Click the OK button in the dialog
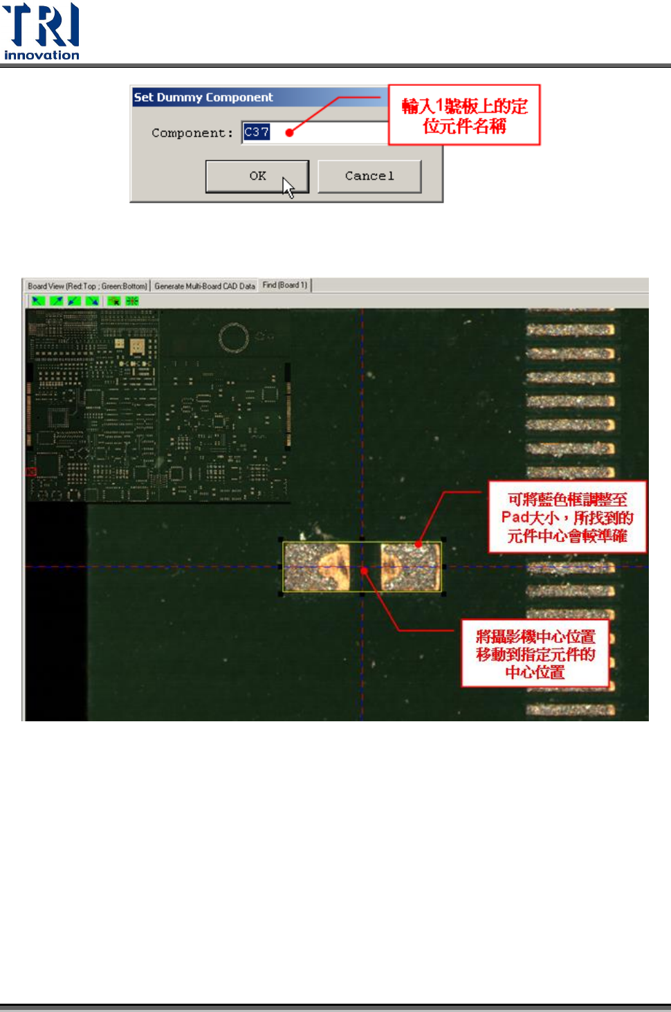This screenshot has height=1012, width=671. pos(257,176)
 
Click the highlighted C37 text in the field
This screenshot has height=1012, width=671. pos(257,132)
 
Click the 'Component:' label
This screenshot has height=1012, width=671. pos(192,133)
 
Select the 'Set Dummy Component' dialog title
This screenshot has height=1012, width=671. pos(203,98)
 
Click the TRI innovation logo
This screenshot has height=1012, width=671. pos(42,32)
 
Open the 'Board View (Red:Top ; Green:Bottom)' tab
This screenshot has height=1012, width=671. pos(87,286)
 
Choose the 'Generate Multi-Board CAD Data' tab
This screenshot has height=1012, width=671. pos(205,286)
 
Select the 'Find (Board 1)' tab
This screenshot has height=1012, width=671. pos(285,285)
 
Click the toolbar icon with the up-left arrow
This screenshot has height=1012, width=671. pos(38,300)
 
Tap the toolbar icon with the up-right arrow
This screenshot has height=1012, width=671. pos(56,300)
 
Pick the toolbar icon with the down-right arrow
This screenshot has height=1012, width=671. pos(92,300)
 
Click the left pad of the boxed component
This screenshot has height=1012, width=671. pos(318,567)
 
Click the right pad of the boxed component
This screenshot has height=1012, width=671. pos(410,567)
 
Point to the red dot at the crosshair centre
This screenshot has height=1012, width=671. pos(363,570)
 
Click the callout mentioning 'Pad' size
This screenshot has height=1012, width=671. pos(567,517)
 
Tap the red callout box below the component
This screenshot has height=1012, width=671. pos(535,653)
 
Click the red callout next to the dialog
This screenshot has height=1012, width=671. pos(464,116)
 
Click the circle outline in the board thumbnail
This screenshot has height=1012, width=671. pos(234,338)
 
